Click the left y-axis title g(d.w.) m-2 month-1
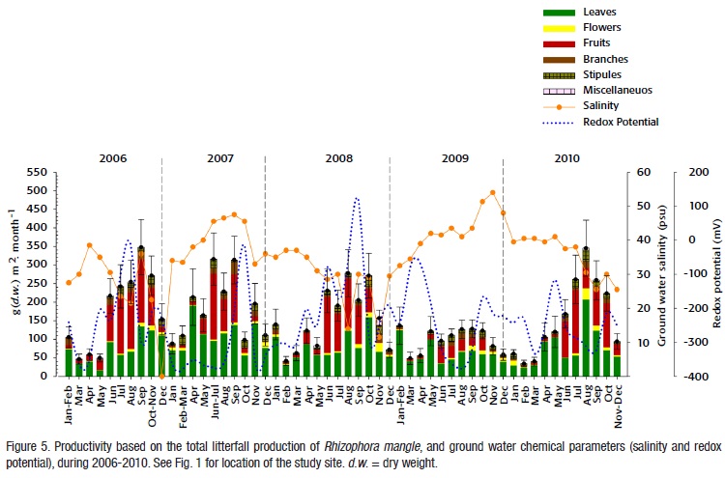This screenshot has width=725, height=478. pos(11,275)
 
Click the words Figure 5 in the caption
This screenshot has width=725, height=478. pos(29,432)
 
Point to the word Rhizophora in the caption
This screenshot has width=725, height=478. pos(343,432)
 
